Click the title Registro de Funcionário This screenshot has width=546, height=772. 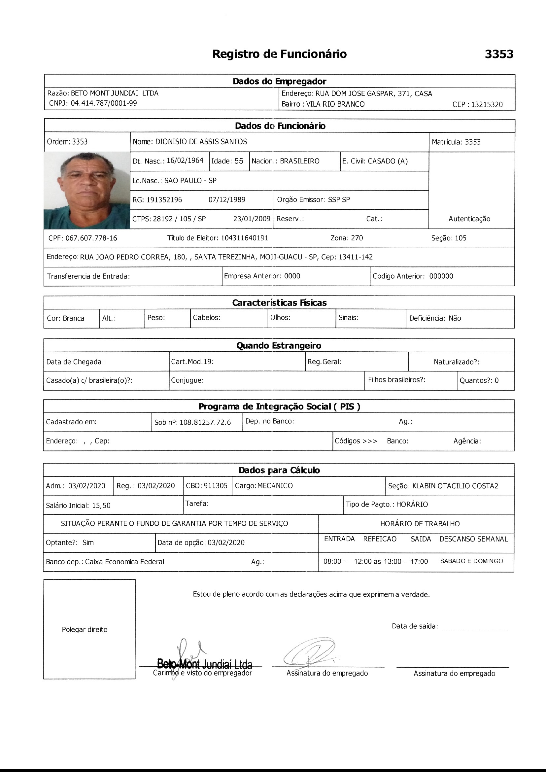pos(279,54)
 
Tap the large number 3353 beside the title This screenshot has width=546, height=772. pos(499,54)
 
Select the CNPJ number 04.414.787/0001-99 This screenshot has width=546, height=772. pos(104,103)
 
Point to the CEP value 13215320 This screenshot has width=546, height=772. pos(487,105)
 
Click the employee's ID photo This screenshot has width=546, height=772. pos(87,190)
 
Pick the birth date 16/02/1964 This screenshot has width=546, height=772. pos(185,161)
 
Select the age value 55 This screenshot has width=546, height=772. pos(239,161)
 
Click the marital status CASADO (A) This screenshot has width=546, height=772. pos(388,161)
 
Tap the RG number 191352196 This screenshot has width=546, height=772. pos(164,200)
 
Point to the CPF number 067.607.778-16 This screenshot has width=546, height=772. pos(91,238)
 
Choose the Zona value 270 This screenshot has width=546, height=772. pos(357,238)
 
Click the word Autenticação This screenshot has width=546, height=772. pos(469,219)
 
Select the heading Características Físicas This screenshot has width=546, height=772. pos(279,302)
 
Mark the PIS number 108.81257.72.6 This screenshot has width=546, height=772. pos(205,422)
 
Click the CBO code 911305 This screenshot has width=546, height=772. pos(216,485)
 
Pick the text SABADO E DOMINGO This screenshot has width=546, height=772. pos(471,561)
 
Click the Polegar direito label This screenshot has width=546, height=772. pos(85,629)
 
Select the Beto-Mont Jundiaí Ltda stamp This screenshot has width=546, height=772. pos(205,664)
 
